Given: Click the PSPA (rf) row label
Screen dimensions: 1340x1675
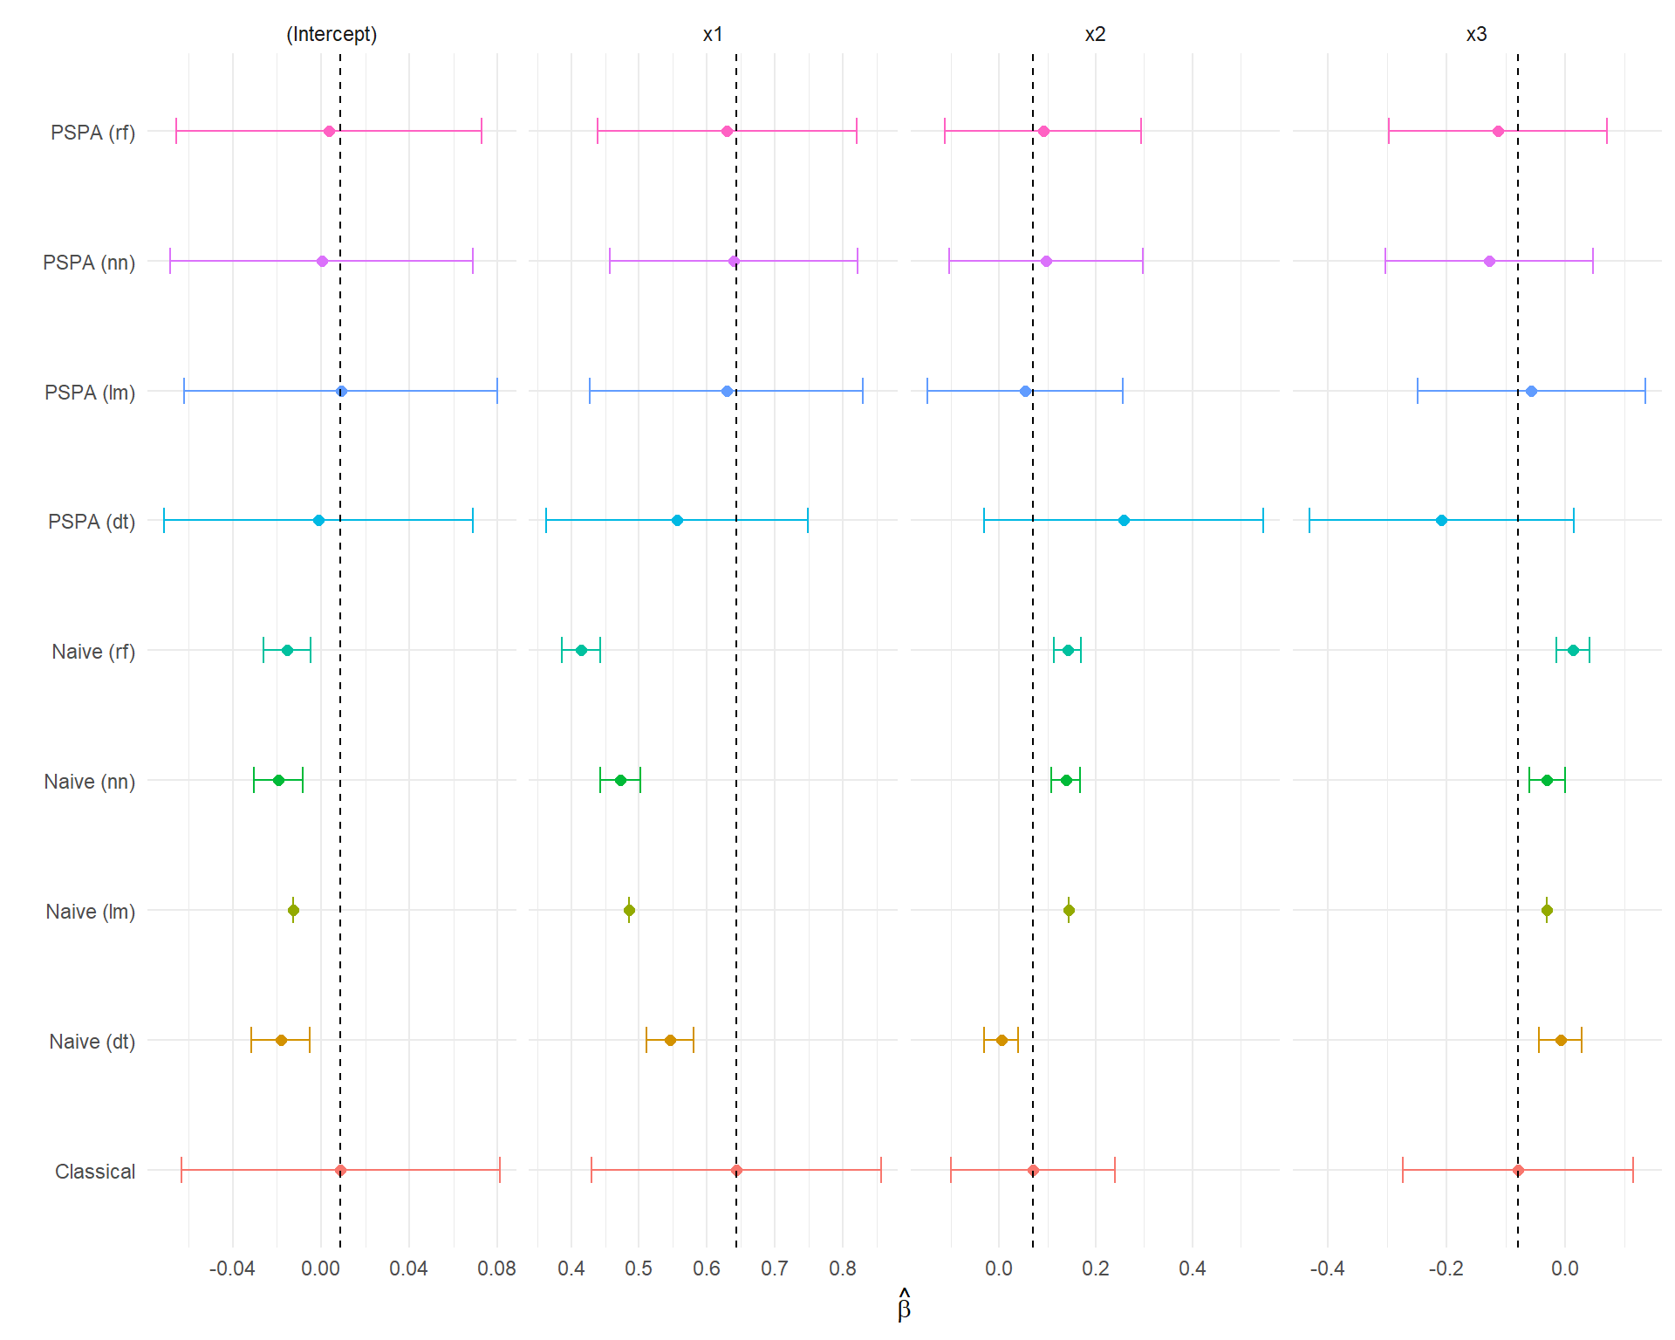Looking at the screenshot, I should [x=92, y=133].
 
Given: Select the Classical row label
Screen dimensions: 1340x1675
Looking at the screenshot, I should [x=95, y=1172].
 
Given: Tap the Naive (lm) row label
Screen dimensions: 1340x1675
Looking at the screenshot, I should [x=91, y=912].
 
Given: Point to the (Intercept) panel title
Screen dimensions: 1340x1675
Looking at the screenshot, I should [x=332, y=34].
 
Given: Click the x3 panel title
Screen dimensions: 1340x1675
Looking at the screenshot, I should [x=1476, y=34].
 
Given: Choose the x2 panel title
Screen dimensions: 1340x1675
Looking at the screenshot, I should [x=1095, y=34].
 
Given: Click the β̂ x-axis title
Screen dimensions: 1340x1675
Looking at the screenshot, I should [x=904, y=1305].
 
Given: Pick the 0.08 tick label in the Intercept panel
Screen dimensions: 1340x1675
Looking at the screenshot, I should [x=496, y=1268].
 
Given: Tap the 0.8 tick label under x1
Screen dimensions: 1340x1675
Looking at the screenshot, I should [x=842, y=1268].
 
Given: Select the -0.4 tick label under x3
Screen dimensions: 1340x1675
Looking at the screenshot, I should [x=1327, y=1268].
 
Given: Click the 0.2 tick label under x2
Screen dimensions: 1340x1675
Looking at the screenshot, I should [x=1095, y=1268].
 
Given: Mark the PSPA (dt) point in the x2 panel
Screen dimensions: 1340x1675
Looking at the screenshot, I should [x=1124, y=521].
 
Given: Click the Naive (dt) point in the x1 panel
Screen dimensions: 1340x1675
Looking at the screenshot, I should [x=670, y=1040].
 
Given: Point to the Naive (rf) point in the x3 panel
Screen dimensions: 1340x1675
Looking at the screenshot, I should [x=1573, y=650].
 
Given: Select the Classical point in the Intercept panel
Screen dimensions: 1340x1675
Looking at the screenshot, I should [x=340, y=1170].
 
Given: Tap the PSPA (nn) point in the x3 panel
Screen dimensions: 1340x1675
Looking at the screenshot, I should [x=1489, y=261].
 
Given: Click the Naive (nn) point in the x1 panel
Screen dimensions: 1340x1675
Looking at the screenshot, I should [x=620, y=780].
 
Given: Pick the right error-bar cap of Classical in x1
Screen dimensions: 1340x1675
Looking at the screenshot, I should [x=881, y=1170].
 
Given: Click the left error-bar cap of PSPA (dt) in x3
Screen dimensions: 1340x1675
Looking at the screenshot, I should [x=1309, y=521].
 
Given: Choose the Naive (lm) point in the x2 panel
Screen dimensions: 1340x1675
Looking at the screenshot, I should [x=1069, y=910].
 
